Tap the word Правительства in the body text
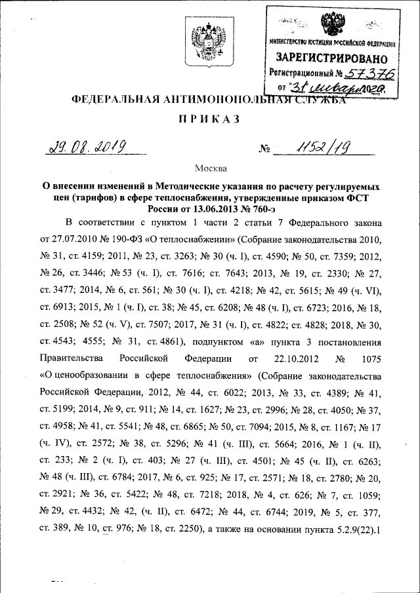(x=71, y=358)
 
